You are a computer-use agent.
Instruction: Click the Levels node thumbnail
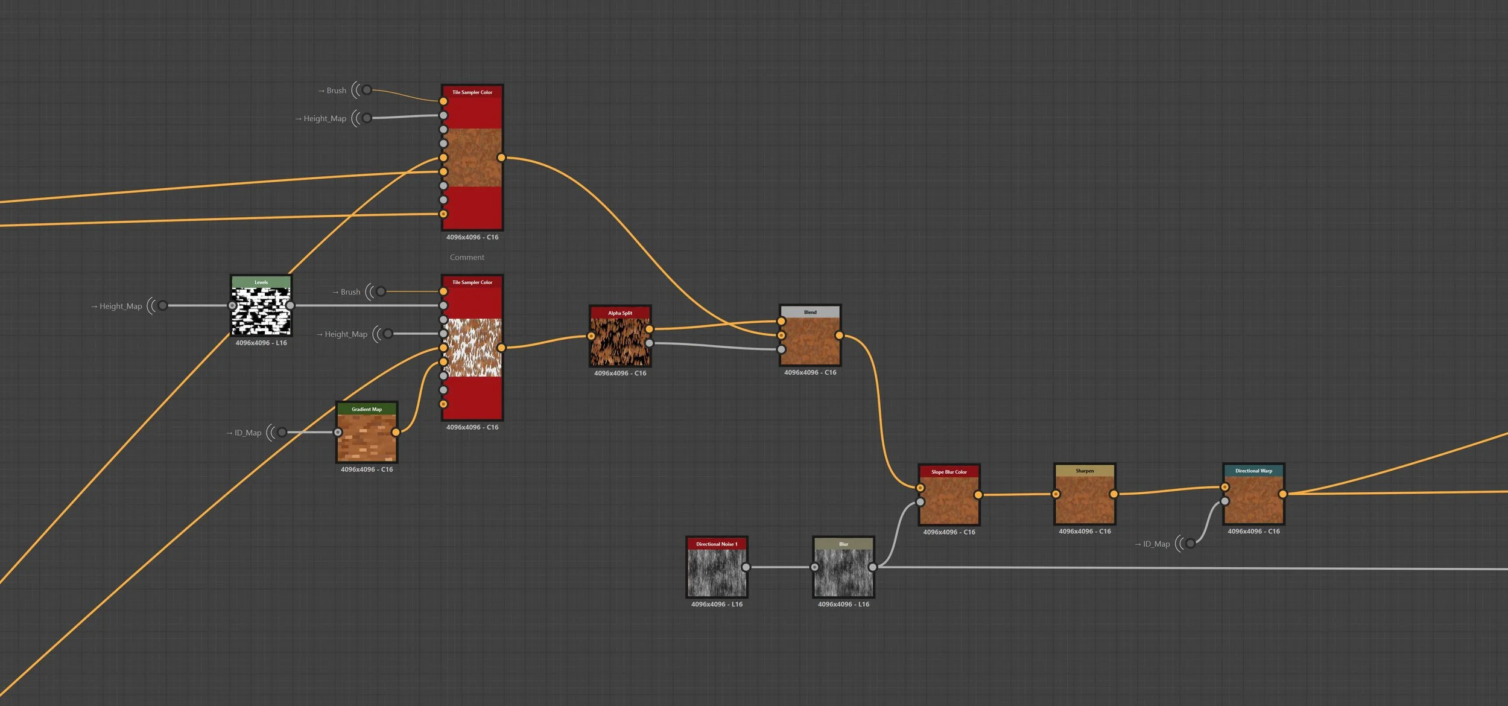pyautogui.click(x=261, y=310)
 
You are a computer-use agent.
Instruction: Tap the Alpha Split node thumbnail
pyautogui.click(x=620, y=342)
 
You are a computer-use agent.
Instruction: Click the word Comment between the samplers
pyautogui.click(x=467, y=257)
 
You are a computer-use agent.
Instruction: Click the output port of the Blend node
pyautogui.click(x=839, y=335)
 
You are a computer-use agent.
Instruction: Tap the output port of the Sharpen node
pyautogui.click(x=1114, y=494)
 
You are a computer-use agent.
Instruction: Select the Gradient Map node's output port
pyautogui.click(x=396, y=432)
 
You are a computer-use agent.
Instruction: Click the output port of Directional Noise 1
pyautogui.click(x=746, y=567)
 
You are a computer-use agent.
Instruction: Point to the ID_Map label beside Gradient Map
pyautogui.click(x=247, y=433)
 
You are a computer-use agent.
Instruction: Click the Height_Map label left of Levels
pyautogui.click(x=121, y=306)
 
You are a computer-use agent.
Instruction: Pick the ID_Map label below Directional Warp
pyautogui.click(x=1156, y=544)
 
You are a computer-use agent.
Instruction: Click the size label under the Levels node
pyautogui.click(x=261, y=343)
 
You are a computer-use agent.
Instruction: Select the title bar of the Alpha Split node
pyautogui.click(x=620, y=313)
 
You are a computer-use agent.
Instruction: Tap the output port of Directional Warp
pyautogui.click(x=1282, y=494)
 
